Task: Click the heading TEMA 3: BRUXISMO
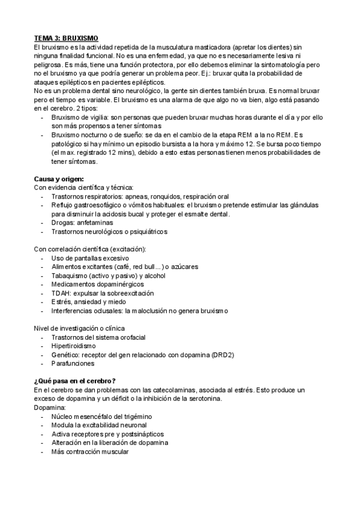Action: point(66,37)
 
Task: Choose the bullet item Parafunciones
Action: point(73,363)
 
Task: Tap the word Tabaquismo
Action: point(71,276)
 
